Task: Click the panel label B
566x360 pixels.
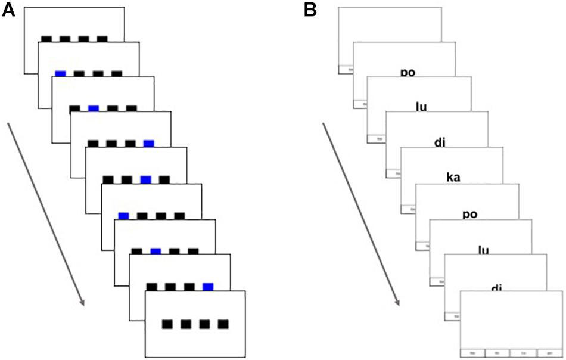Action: coord(310,10)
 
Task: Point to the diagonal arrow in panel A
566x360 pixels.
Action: coord(45,215)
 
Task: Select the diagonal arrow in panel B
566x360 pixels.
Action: coord(360,215)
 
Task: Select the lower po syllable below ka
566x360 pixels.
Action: coord(470,214)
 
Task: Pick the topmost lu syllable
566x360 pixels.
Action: coord(421,107)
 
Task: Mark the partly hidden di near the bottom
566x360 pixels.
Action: coord(496,288)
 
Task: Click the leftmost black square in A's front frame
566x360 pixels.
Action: coord(168,324)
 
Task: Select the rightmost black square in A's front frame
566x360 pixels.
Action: coord(223,324)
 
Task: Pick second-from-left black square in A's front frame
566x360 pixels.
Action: coord(186,324)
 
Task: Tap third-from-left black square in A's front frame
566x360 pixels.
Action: coord(205,324)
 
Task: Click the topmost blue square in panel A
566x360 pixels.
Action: coord(60,74)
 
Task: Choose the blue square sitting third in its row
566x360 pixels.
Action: coord(145,179)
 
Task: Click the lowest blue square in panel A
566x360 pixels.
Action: coord(208,287)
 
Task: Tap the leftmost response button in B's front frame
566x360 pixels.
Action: coord(472,352)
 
